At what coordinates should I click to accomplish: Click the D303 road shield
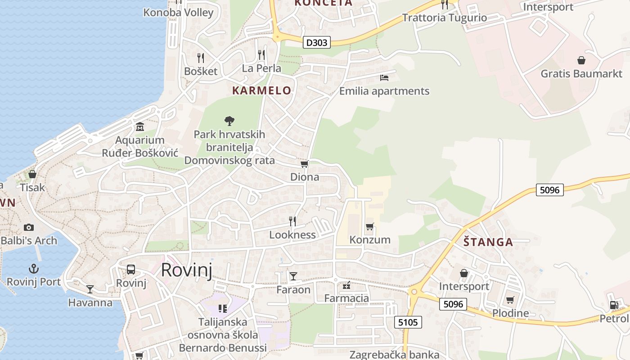[x=317, y=43]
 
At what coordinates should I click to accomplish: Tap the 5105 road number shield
[x=408, y=322]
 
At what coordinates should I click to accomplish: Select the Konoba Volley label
[x=178, y=12]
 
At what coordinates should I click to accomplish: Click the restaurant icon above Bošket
[x=201, y=58]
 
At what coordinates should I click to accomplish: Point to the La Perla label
[x=261, y=68]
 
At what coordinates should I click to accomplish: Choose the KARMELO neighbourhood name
[x=261, y=90]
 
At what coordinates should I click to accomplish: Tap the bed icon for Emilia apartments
[x=384, y=78]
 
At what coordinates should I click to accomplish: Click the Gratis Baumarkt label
[x=581, y=73]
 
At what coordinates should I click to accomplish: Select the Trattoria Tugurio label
[x=444, y=18]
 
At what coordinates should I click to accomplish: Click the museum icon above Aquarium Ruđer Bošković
[x=139, y=127]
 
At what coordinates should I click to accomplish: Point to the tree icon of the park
[x=229, y=121]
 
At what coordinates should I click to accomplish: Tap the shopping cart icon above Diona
[x=305, y=164]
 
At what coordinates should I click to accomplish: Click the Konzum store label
[x=370, y=239]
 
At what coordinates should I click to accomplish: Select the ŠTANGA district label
[x=488, y=242]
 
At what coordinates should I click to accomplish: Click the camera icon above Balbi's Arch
[x=29, y=227]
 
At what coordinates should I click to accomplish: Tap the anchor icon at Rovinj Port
[x=33, y=269]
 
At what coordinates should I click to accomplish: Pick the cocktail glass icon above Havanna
[x=90, y=289]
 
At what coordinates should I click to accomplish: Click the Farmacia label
[x=346, y=298]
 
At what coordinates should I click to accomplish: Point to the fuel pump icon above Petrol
[x=614, y=305]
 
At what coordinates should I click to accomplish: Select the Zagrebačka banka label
[x=394, y=355]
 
